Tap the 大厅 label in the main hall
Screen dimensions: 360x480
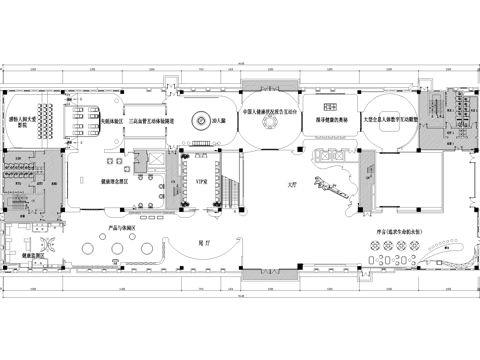[x=293, y=185]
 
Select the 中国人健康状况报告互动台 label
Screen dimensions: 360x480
[x=269, y=111]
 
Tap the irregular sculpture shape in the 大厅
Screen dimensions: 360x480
[x=331, y=184]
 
